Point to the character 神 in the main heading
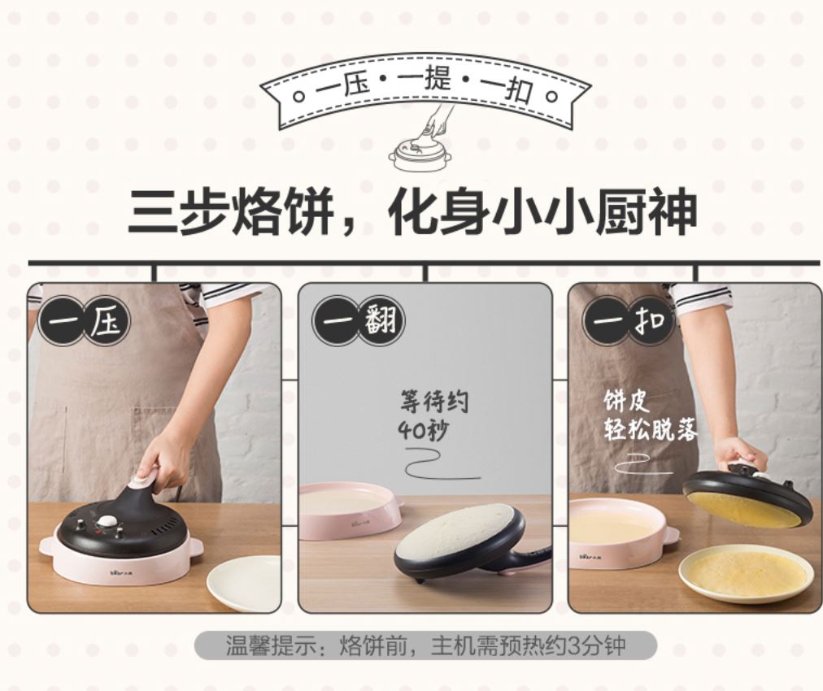672,212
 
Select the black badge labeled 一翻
359,320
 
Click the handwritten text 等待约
434,402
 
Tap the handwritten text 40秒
424,431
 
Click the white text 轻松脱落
651,430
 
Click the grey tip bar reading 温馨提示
425,645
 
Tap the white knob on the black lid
109,522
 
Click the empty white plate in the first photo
243,583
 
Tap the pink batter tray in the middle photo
351,510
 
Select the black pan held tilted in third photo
747,495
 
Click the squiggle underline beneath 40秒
441,465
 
